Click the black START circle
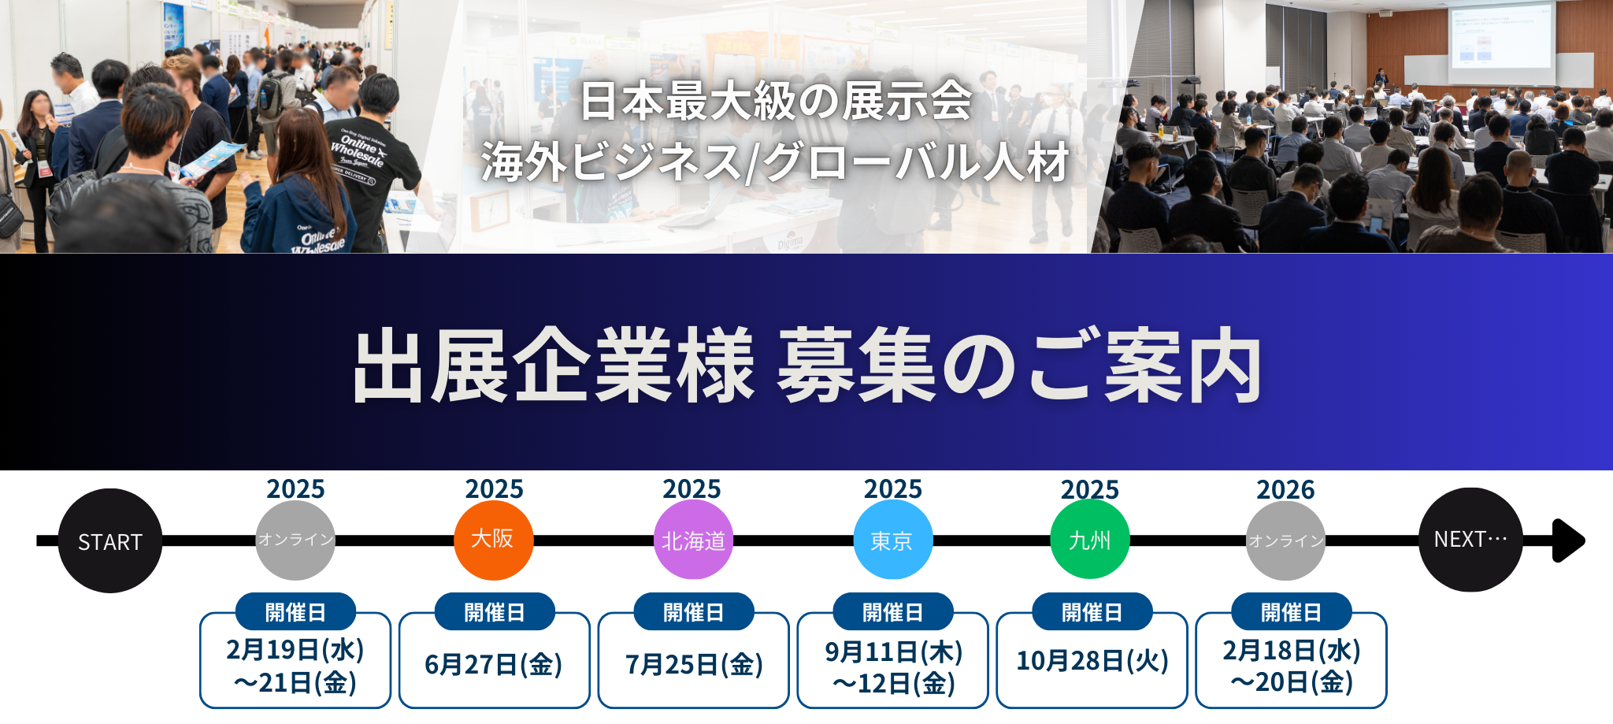pyautogui.click(x=110, y=540)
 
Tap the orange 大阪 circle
pyautogui.click(x=494, y=540)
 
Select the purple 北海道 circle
pyautogui.click(x=693, y=540)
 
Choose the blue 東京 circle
pyautogui.click(x=892, y=540)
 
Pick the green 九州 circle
pyautogui.click(x=1090, y=540)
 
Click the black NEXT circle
pyautogui.click(x=1470, y=540)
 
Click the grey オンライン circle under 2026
pyautogui.click(x=1285, y=540)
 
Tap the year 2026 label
pyautogui.click(x=1285, y=489)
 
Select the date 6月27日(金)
pyautogui.click(x=494, y=665)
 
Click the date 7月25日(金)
pyautogui.click(x=694, y=665)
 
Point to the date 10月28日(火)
pyautogui.click(x=1092, y=661)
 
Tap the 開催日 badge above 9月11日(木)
pyautogui.click(x=893, y=612)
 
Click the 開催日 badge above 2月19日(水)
pyautogui.click(x=295, y=612)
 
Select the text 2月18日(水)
pyautogui.click(x=1292, y=651)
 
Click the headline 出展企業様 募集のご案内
pyautogui.click(x=806, y=366)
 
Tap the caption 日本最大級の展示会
pyautogui.click(x=777, y=102)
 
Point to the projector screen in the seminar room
pyautogui.click(x=1499, y=35)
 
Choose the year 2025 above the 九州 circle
pyautogui.click(x=1090, y=489)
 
